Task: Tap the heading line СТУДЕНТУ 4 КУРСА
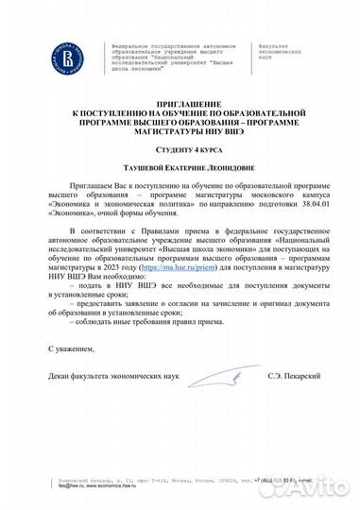179,151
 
